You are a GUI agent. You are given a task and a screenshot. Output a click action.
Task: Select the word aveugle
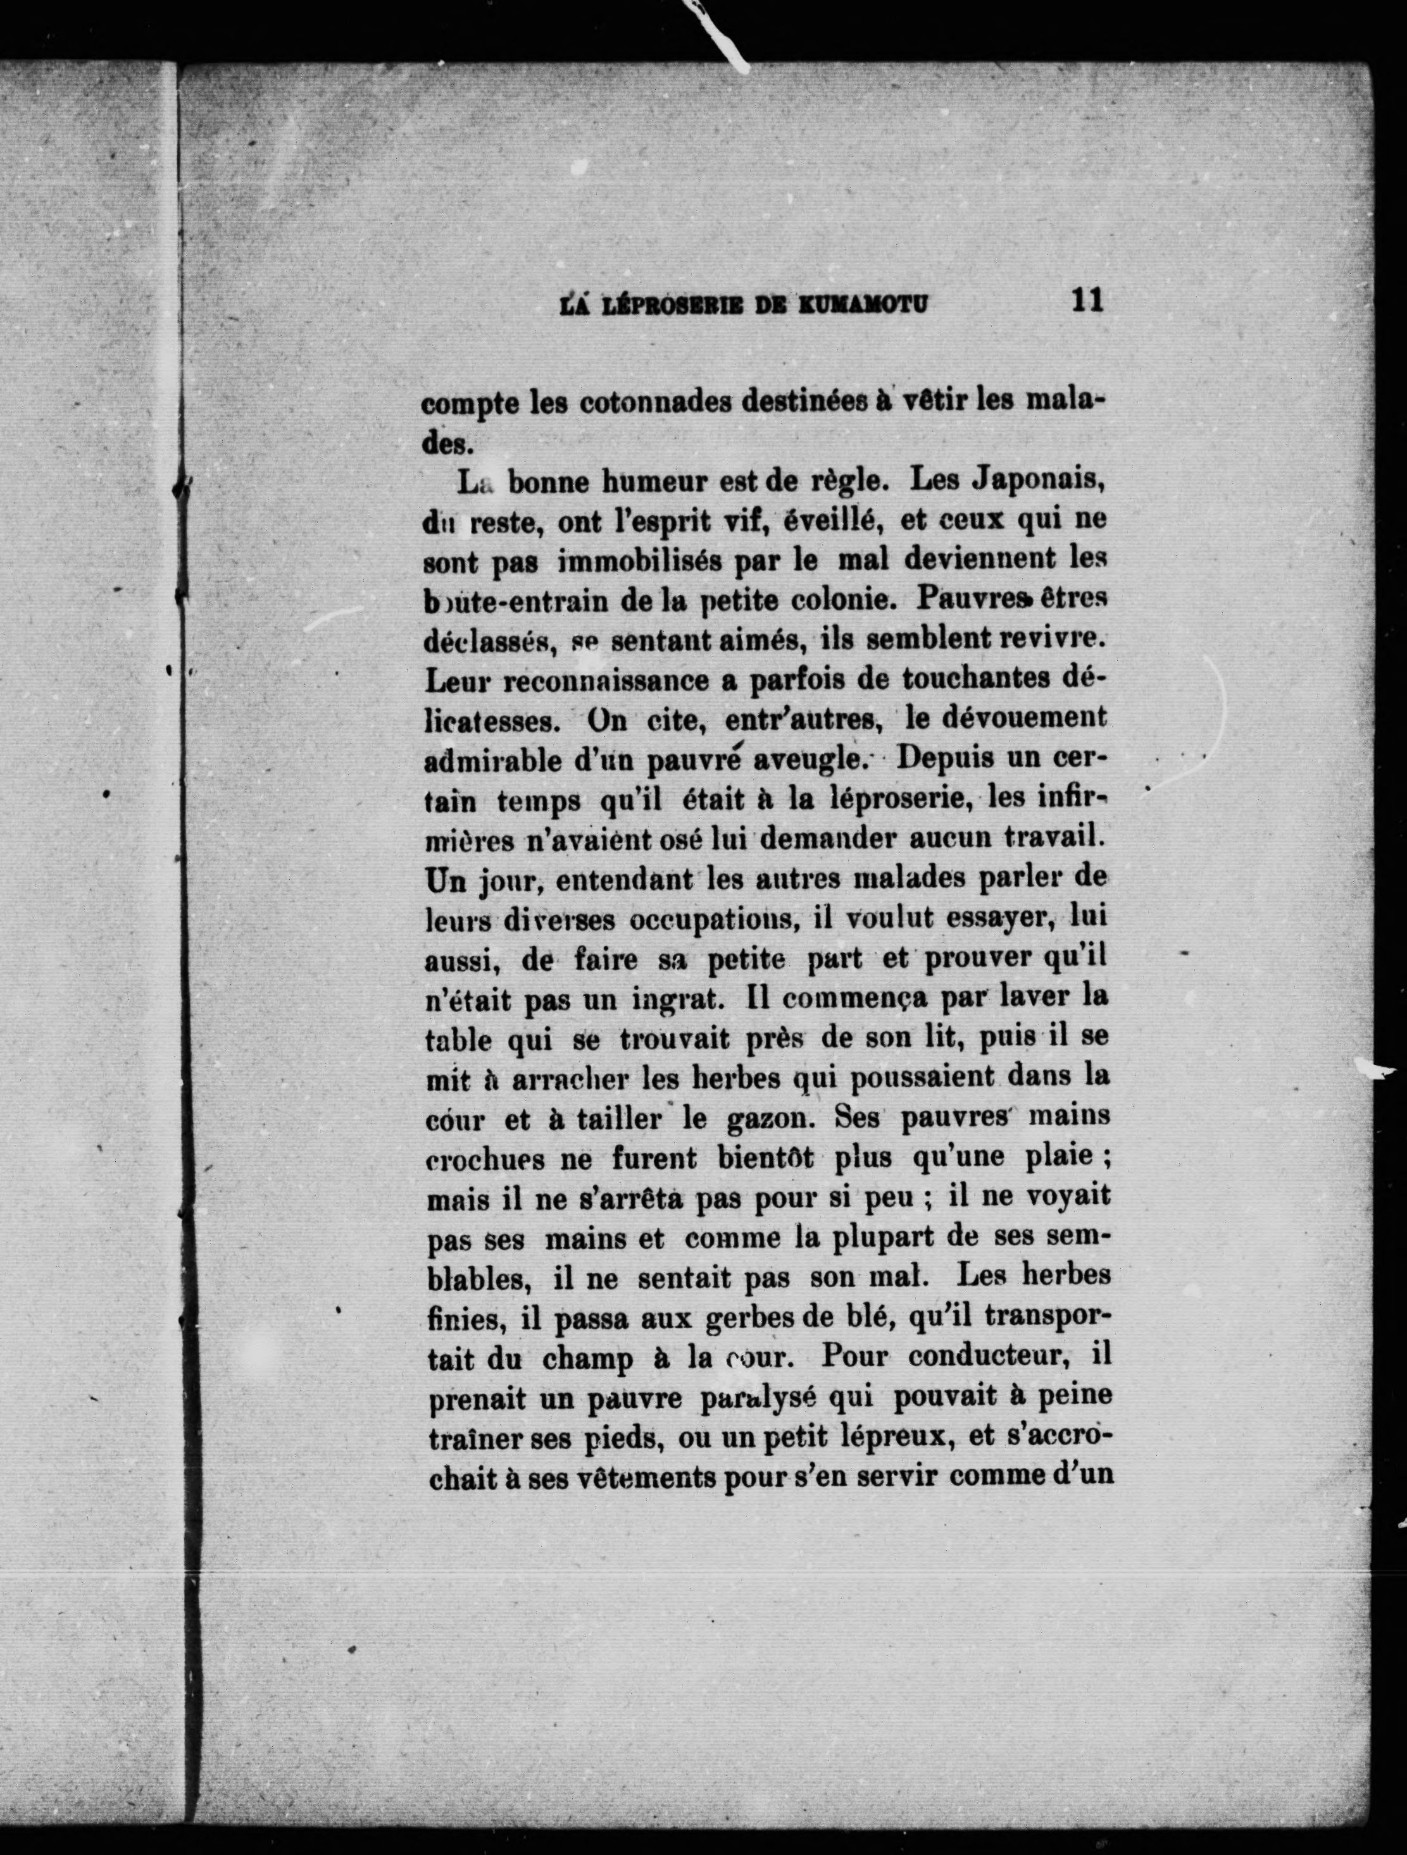[812, 760]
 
